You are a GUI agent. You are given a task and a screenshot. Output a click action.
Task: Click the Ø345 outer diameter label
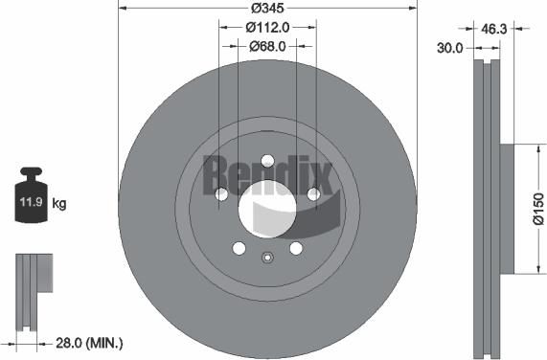268,8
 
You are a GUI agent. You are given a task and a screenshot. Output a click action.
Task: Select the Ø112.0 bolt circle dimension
268,27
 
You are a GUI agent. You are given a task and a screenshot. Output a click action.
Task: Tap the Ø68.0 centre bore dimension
269,45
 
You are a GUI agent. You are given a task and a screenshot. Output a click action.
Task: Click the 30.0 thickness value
450,47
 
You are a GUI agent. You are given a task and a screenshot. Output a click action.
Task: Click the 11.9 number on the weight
30,203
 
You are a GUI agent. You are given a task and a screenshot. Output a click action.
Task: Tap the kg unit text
59,203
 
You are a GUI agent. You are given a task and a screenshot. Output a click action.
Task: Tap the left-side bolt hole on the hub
221,195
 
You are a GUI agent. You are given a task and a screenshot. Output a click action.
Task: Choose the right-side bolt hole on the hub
313,195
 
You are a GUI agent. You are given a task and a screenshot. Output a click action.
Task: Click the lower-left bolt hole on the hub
239,249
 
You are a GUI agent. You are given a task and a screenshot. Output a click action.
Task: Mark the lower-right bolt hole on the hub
295,249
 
